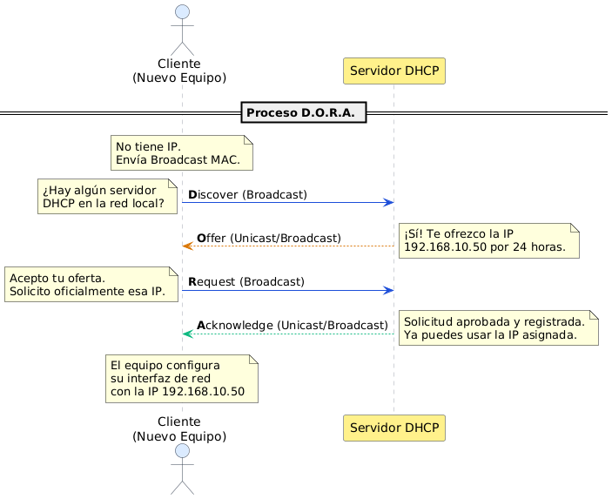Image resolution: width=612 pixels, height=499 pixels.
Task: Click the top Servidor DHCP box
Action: pos(394,71)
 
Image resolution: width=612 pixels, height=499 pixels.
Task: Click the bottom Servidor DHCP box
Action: pos(394,428)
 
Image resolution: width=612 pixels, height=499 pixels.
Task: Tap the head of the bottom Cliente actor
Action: pos(182,451)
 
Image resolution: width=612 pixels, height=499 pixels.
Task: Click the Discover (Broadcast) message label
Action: pos(247,194)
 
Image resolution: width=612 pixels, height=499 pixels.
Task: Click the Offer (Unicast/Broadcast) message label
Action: pos(268,238)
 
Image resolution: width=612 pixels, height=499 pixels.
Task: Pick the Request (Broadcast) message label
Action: pos(246,281)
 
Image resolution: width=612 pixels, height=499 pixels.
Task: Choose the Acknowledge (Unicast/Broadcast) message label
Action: pos(292,325)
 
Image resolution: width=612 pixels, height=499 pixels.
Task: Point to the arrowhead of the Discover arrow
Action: pos(389,202)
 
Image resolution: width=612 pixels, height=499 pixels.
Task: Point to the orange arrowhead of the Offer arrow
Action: pos(187,246)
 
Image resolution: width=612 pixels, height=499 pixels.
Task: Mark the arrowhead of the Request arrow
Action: pos(389,290)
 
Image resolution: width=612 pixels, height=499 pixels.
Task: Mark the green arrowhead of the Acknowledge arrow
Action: pos(187,334)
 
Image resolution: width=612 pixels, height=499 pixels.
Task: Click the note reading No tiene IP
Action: pos(182,152)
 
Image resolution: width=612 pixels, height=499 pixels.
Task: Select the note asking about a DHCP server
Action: pos(108,197)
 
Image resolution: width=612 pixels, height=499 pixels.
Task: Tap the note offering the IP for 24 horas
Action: pos(489,240)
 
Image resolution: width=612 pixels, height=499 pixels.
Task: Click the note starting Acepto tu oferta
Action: pos(91,284)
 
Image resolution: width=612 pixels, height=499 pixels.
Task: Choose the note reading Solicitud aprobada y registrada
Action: pos(498,327)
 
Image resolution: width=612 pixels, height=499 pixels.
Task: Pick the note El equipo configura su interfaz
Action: pos(182,379)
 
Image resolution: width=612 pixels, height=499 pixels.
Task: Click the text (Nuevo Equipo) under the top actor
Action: pos(179,78)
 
